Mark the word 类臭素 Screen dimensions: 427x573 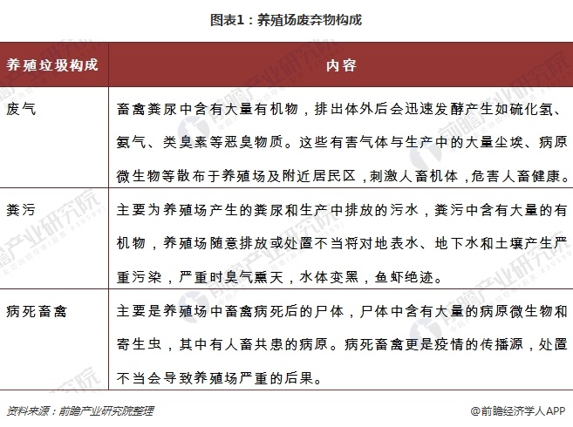[x=195, y=140]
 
